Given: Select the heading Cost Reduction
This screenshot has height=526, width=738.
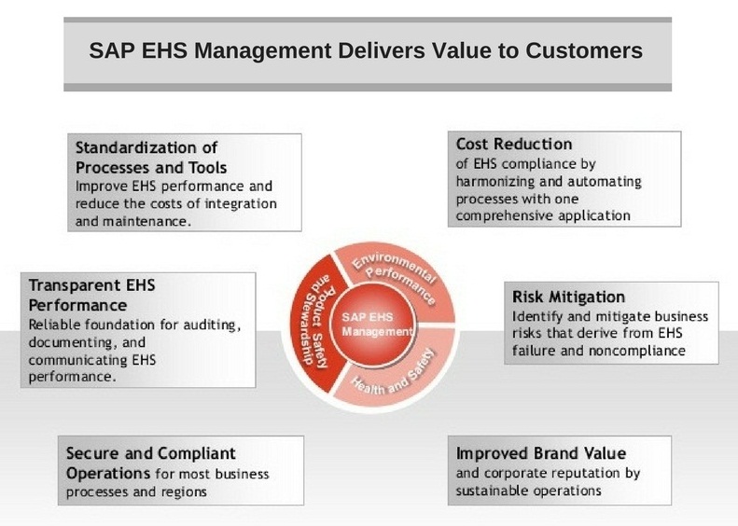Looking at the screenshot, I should pos(513,145).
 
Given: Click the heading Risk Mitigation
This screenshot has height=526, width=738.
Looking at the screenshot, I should pos(568,297).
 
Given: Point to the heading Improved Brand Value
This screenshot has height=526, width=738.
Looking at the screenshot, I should pos(540,453).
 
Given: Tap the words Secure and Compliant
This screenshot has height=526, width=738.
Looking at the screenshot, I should pos(150,453).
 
